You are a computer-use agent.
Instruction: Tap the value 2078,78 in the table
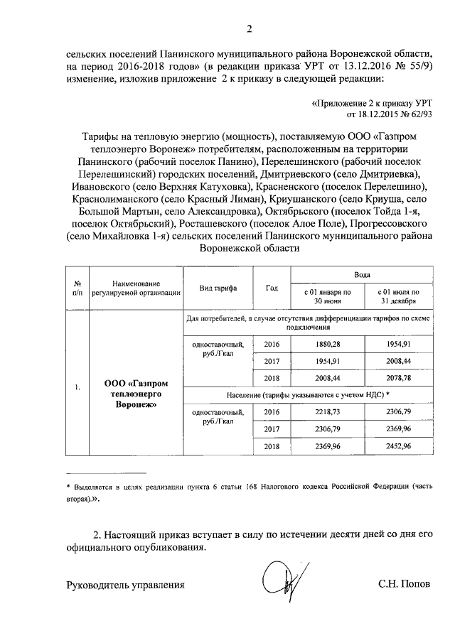point(397,378)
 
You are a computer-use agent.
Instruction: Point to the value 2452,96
point(397,446)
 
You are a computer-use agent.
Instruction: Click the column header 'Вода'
point(362,274)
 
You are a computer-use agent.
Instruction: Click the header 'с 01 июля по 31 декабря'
point(397,296)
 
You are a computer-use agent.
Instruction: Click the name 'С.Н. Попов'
point(404,585)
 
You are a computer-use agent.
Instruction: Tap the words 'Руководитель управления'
point(125,585)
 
